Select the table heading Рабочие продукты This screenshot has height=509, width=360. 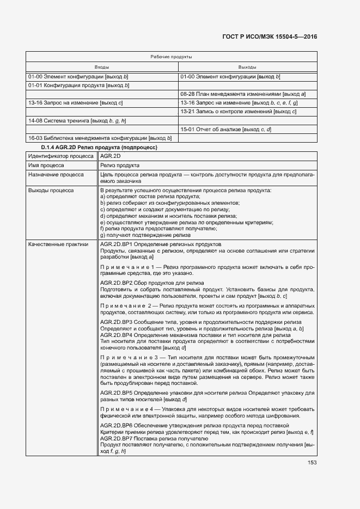point(170,57)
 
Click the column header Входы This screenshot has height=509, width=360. point(102,67)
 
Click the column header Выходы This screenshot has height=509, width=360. point(247,67)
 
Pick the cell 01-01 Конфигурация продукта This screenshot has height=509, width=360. point(78,85)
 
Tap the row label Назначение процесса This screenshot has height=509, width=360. point(56,175)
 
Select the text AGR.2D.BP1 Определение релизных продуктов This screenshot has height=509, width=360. point(161,244)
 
